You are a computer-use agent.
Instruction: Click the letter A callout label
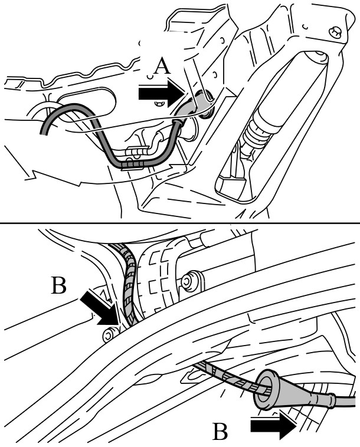coord(162,66)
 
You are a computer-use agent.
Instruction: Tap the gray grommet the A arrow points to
coord(197,104)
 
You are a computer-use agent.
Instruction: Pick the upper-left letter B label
coord(59,285)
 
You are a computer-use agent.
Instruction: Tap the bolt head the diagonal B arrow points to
coord(109,334)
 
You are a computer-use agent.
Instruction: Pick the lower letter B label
coord(220,432)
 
